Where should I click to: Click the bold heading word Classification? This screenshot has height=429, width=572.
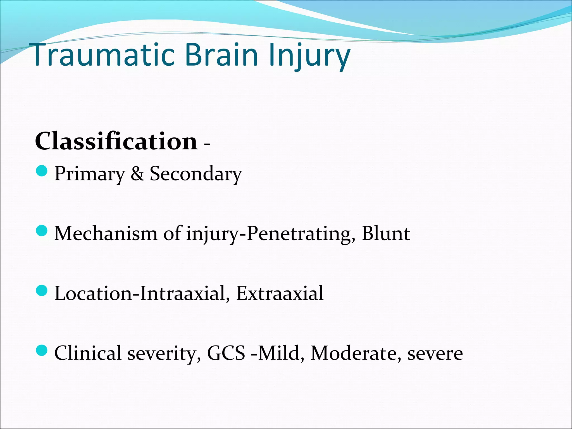coord(116,141)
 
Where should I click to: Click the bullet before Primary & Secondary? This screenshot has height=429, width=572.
coord(42,171)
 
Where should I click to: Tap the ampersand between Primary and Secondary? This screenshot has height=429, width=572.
coord(137,174)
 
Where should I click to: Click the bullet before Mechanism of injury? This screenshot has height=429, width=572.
coord(42,231)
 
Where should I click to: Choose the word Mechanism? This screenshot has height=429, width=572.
coord(106,233)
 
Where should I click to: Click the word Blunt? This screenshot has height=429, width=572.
coord(386,233)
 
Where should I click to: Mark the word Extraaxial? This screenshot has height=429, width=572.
coord(280,293)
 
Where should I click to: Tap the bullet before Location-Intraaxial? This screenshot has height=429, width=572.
coord(42,290)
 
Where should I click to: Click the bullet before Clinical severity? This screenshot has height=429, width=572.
coord(42,350)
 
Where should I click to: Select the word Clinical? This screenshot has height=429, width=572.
coord(88,353)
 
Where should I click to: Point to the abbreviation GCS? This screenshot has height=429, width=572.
coord(226,353)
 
